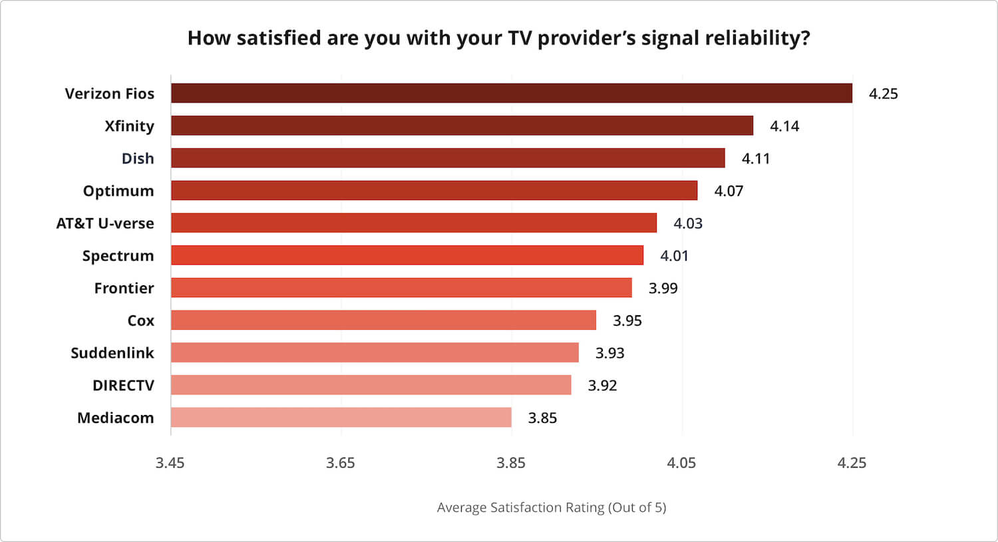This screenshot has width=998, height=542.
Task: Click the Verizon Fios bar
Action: pos(511,93)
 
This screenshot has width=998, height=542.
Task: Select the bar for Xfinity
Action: pos(462,126)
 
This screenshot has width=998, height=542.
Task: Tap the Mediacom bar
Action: pos(341,418)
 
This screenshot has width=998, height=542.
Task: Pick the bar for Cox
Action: pos(383,321)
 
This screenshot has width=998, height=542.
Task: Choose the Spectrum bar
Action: pos(407,255)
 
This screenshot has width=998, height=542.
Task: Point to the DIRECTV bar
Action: pos(371,385)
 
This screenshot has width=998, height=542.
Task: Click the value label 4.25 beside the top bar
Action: pos(883,94)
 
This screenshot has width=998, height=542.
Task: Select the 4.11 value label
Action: pos(755,158)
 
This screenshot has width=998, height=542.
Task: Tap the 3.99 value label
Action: pos(663,288)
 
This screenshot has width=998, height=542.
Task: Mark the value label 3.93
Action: pos(609,353)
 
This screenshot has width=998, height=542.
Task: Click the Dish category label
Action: pos(138,158)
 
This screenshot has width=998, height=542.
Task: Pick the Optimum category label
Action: pos(118,191)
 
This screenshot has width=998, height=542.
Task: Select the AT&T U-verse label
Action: pos(105,223)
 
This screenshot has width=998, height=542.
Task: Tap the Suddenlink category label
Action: pos(112,353)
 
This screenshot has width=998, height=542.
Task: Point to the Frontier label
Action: pos(124,288)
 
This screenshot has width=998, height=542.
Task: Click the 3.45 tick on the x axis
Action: pos(170,463)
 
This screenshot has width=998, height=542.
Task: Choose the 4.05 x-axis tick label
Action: pos(681,463)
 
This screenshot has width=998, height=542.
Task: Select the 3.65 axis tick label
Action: pos(340,463)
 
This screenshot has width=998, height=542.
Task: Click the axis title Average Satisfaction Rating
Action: pos(551,507)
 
